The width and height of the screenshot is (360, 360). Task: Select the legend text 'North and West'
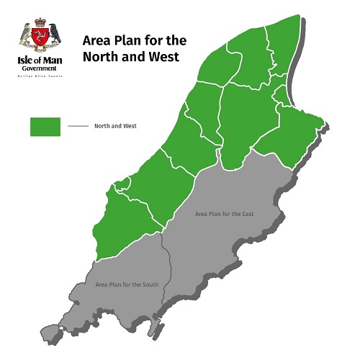(115, 126)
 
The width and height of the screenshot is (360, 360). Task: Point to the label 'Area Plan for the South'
(127, 285)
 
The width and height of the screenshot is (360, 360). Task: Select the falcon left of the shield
(26, 33)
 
